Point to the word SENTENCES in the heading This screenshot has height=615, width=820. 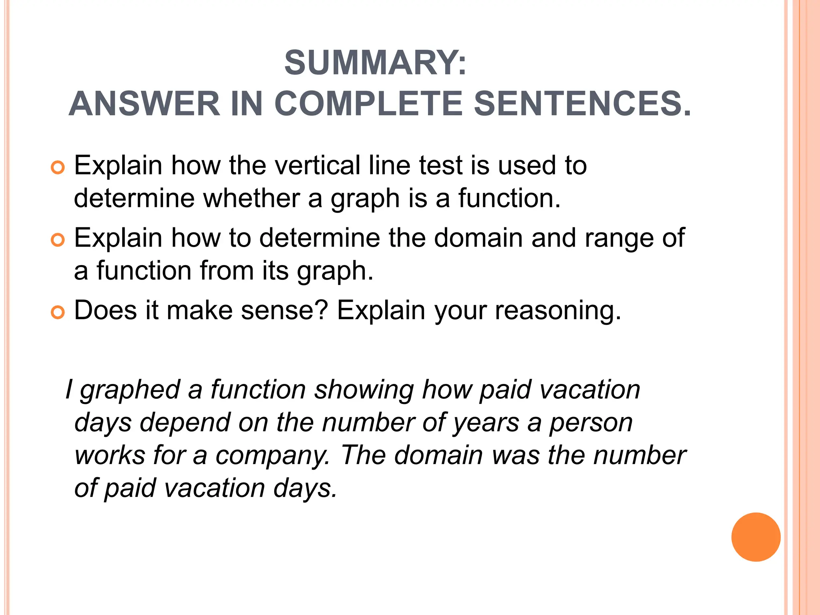[582, 104]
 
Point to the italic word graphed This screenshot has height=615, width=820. [130, 390]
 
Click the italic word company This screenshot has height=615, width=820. [272, 456]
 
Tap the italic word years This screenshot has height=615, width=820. [486, 423]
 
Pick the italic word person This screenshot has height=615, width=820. [591, 423]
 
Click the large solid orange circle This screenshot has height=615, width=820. [756, 537]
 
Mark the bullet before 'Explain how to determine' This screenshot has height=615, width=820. [58, 240]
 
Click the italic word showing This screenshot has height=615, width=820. [364, 390]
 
